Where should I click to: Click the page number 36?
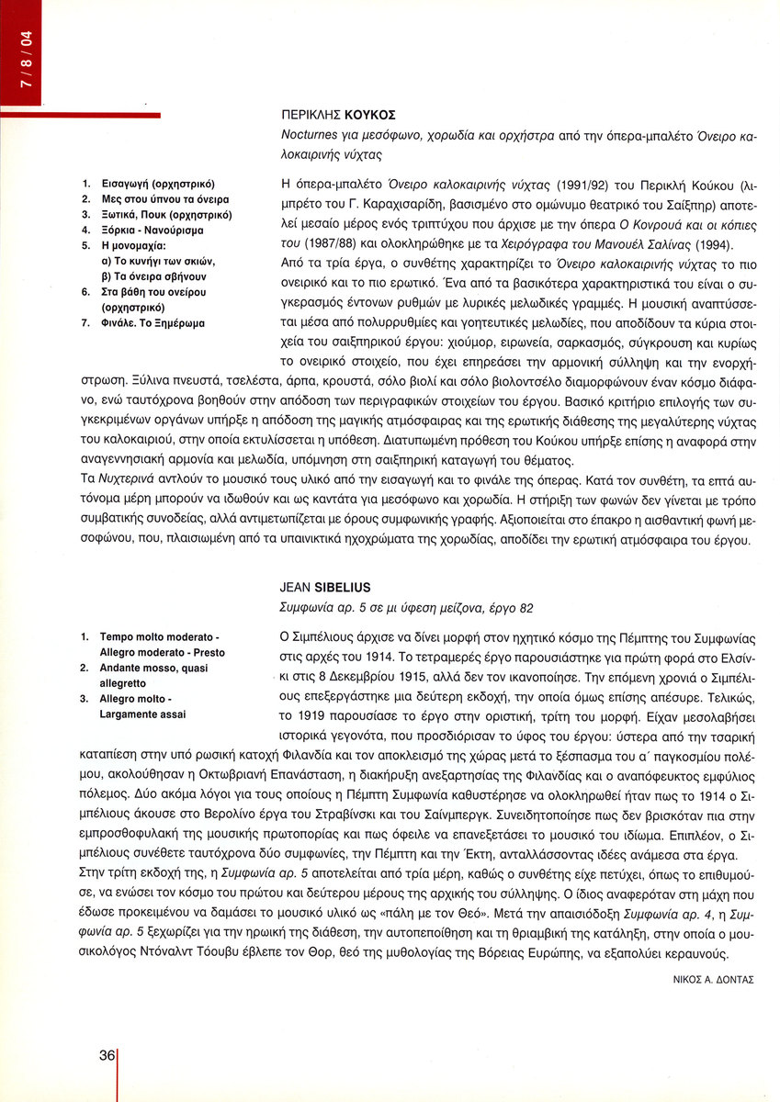pos(105,1056)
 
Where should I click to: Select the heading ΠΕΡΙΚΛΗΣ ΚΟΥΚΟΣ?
pos(337,116)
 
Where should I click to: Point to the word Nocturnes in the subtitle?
pos(309,135)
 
